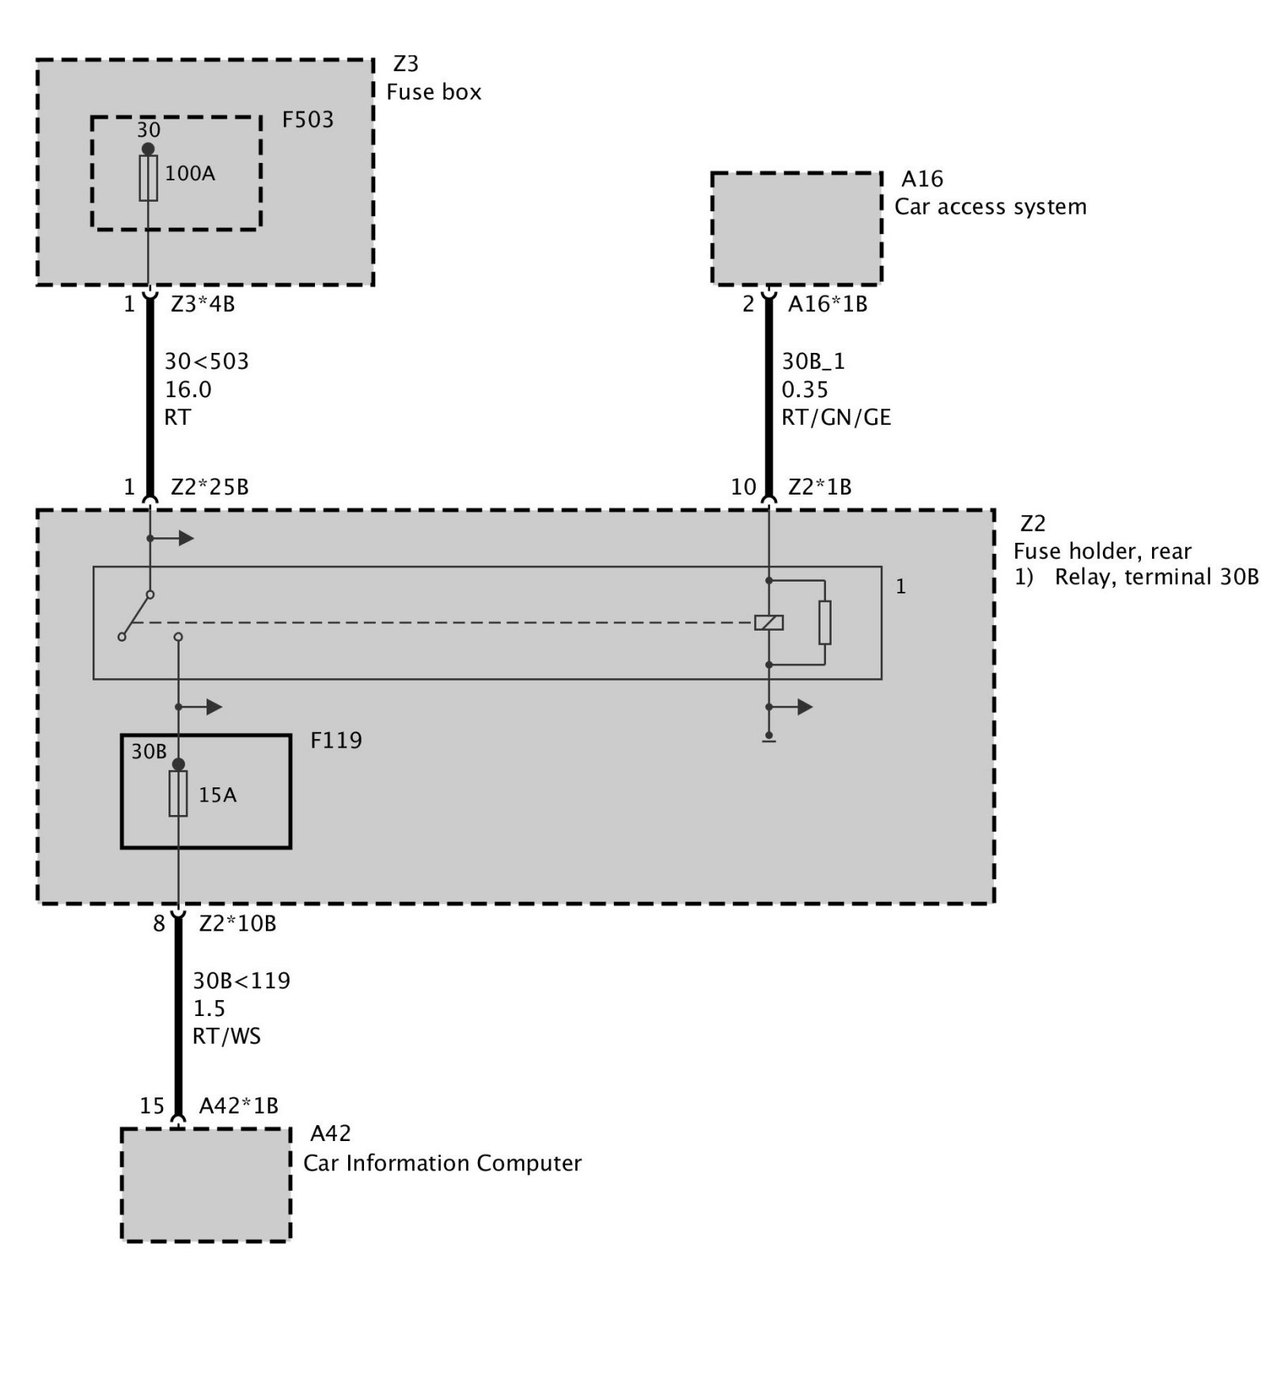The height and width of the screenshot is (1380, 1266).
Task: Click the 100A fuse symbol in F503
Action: [148, 178]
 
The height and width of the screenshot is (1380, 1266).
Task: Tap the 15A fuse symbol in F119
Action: [178, 794]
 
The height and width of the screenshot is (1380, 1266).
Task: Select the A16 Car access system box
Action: [797, 229]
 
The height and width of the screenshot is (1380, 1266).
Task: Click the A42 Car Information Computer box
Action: [206, 1185]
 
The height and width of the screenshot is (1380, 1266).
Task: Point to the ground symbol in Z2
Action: [768, 740]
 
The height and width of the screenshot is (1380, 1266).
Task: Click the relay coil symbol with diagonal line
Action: [768, 623]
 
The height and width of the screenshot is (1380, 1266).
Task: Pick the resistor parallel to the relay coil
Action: [824, 623]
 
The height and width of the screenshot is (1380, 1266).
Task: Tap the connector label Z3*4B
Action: [203, 304]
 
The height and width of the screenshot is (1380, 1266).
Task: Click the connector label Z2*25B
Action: [210, 487]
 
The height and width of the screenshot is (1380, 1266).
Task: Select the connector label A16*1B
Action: [828, 304]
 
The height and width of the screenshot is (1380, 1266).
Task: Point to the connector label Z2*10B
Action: [237, 923]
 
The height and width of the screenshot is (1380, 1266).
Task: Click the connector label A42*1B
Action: [238, 1105]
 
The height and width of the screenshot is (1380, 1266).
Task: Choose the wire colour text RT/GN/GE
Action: [836, 417]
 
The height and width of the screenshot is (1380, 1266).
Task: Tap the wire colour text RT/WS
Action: [226, 1036]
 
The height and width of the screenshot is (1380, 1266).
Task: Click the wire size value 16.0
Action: [188, 389]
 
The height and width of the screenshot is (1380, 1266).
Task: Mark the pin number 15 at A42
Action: [152, 1105]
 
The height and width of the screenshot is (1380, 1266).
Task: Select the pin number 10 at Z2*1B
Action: [744, 487]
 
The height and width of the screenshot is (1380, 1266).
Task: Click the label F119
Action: [336, 741]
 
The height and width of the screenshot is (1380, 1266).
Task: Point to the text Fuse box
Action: [434, 92]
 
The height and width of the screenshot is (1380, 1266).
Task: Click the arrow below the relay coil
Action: [790, 707]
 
